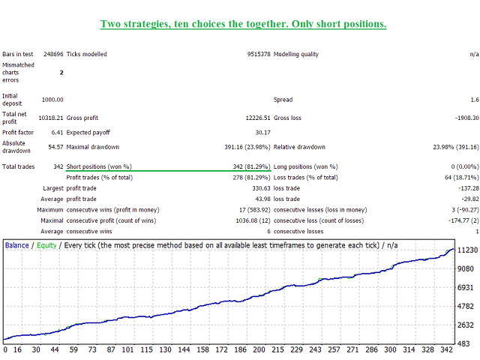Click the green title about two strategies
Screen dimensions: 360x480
click(x=244, y=24)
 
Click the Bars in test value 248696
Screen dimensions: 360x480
click(x=53, y=54)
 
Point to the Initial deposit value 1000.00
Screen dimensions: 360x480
click(x=52, y=100)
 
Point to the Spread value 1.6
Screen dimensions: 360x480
click(x=474, y=100)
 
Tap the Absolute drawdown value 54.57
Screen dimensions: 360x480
click(x=54, y=146)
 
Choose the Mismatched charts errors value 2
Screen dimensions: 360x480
click(x=61, y=73)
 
